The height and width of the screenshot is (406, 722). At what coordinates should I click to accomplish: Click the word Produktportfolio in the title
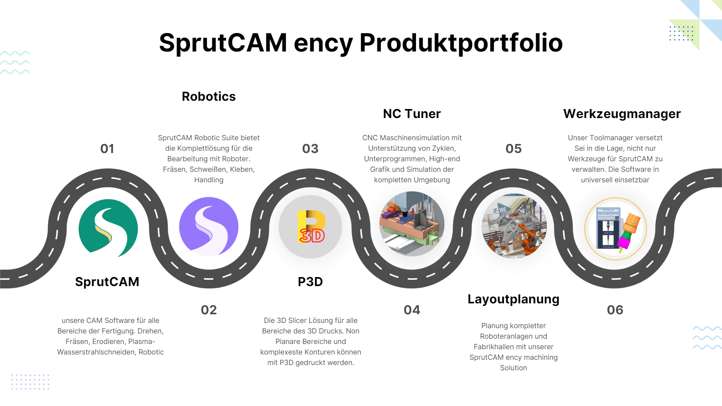point(461,43)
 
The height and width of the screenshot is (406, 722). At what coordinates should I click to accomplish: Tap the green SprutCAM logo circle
point(108,228)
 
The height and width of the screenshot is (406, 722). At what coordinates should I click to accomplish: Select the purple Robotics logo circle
point(209,227)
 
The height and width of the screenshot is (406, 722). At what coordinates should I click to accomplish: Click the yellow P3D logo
point(311,227)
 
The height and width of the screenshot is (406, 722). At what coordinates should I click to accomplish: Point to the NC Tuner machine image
point(412,224)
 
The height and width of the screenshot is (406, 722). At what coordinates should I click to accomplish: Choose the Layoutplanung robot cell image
point(514,226)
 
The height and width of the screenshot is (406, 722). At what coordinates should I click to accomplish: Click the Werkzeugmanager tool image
point(616,229)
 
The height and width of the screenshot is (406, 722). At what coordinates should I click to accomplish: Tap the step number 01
point(107,149)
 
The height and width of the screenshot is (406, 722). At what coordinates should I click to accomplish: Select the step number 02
point(209,310)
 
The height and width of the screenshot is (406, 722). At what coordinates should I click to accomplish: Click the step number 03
point(310,149)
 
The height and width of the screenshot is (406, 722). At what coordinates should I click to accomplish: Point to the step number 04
point(412,310)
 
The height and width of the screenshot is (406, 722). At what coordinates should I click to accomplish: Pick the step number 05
point(514,149)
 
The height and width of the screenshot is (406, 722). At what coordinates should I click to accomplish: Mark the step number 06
point(615,310)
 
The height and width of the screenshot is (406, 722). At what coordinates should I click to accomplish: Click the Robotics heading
point(209,97)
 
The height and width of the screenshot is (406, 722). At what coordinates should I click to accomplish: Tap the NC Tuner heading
point(412,114)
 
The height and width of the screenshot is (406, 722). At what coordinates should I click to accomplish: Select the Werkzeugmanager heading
point(622,114)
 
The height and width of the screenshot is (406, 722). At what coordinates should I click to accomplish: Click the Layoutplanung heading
point(514,300)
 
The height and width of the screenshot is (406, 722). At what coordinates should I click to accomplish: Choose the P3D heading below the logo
point(310,282)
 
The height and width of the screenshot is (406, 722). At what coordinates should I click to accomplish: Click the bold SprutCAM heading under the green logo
point(107,282)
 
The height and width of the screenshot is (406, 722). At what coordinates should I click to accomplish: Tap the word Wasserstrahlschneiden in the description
point(97,352)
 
